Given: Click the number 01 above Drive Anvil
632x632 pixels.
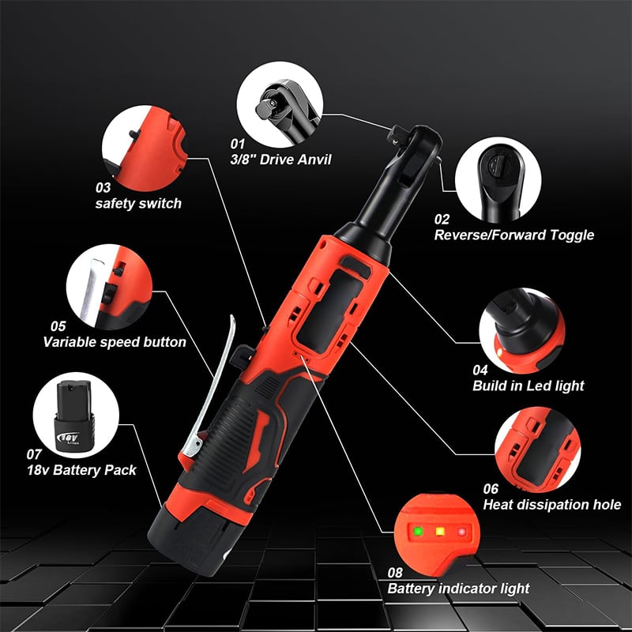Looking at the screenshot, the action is pos(238,144).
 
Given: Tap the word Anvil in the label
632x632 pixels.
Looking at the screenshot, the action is pos(313,160).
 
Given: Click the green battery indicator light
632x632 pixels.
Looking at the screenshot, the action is pos(418,531).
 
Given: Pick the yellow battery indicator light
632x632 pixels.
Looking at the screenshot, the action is pos(440,532).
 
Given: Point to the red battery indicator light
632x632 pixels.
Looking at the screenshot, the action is pos(462,532).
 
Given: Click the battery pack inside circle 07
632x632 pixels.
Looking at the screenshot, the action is pos(74,416).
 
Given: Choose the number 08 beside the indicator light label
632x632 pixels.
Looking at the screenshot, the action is pos(395,573).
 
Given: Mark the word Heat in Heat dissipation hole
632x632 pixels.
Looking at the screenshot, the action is pos(498,505).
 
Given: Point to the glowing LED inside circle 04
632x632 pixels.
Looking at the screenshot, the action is pos(500,353).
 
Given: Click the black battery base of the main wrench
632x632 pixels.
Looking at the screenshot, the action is pos(190,540).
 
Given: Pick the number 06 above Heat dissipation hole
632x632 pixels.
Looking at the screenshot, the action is pos(491,489).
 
